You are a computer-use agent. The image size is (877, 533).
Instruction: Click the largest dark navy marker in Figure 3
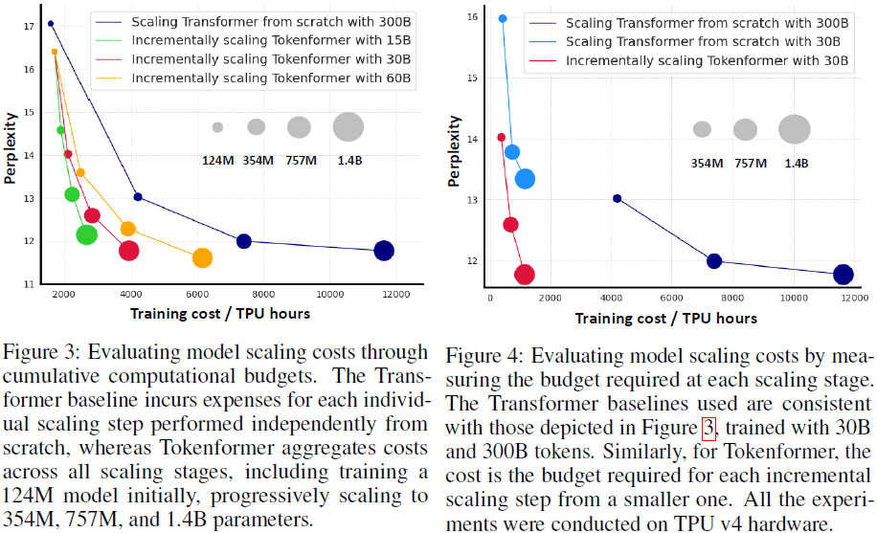tap(384, 251)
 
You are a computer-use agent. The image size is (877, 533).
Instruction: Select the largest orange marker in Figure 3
tap(202, 258)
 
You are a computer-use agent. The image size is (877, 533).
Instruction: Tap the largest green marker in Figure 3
tap(86, 234)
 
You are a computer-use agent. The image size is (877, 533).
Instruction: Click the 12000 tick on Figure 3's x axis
tap(395, 294)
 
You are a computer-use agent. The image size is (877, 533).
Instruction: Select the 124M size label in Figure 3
tap(218, 160)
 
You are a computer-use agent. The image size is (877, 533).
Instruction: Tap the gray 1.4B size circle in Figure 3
tap(349, 126)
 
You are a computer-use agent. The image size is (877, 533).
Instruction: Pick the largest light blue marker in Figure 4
tap(525, 178)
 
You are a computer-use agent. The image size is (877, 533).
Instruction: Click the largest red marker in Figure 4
tap(525, 275)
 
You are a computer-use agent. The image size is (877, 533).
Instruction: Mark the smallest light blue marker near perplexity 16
tap(503, 18)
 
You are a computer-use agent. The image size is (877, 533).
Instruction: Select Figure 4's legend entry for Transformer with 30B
tap(703, 41)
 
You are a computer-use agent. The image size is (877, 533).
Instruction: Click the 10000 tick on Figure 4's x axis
tap(794, 299)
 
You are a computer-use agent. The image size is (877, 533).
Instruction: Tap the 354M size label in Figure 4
tap(707, 163)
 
